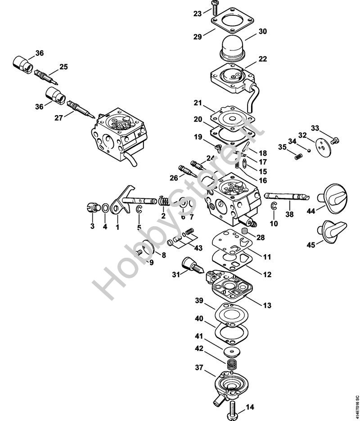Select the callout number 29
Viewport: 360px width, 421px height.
pos(198,36)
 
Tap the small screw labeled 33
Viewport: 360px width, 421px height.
pos(335,140)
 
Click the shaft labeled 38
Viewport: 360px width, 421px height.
pos(287,196)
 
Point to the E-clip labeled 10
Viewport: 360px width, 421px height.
pos(274,206)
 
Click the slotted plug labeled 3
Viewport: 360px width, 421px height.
pos(92,208)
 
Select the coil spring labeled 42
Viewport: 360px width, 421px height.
pos(232,365)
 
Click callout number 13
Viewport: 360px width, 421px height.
pos(267,305)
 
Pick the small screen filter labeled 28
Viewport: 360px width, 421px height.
pos(244,230)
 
